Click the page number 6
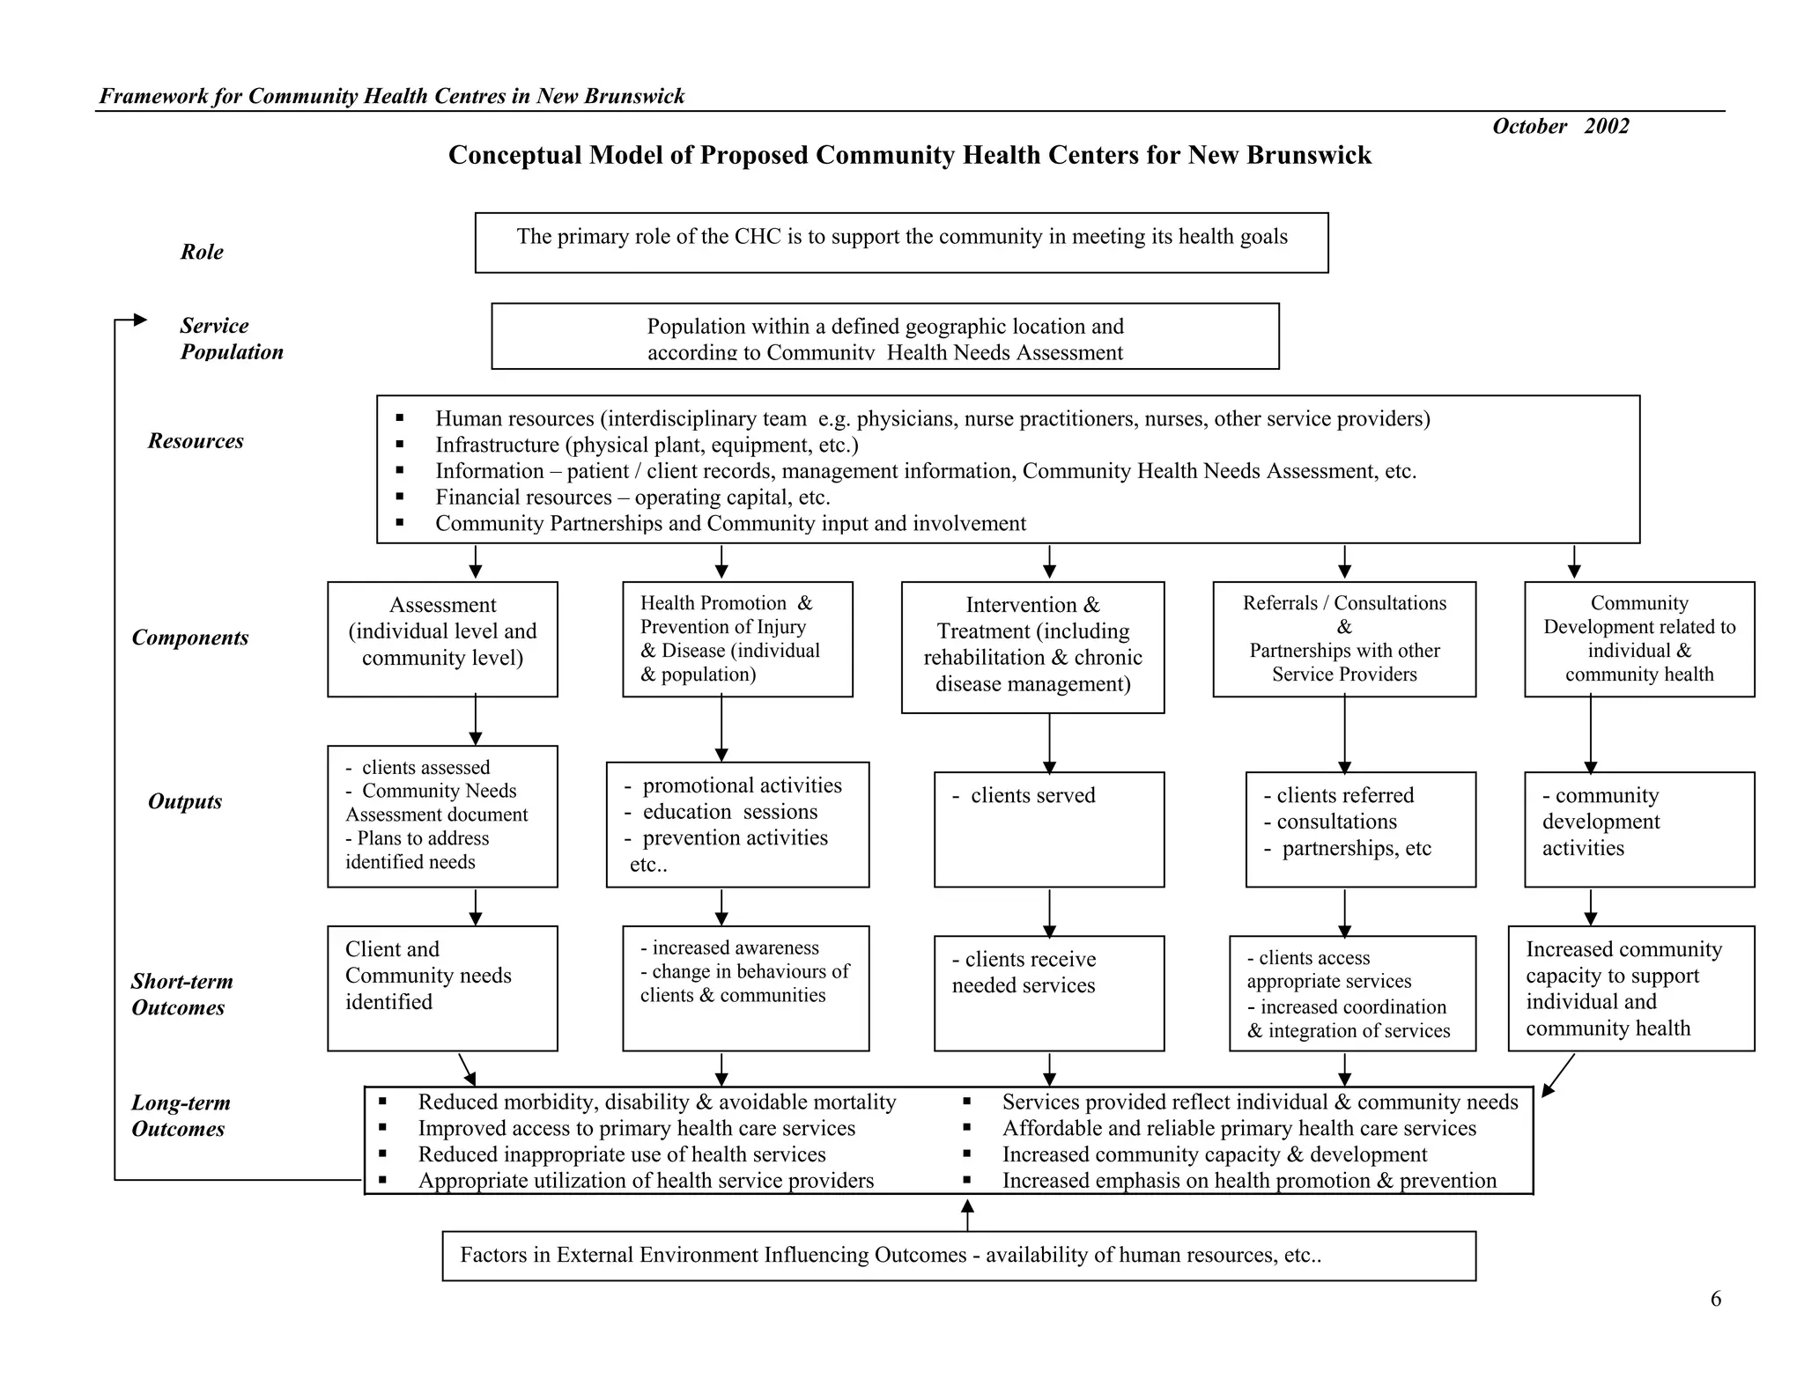1715,1299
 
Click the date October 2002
1560,127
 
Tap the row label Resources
196,441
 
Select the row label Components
190,638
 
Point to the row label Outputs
185,801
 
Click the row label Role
202,252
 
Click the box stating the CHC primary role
901,242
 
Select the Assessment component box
442,638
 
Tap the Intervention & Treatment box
1032,646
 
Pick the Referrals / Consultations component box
1344,638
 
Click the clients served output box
1048,829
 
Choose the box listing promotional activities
737,824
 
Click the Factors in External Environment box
958,1255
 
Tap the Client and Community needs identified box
442,987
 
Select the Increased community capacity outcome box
1630,987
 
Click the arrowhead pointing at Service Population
140,320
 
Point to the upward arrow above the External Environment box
967,1213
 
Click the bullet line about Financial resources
632,497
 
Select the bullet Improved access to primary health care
636,1129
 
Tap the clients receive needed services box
1048,992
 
